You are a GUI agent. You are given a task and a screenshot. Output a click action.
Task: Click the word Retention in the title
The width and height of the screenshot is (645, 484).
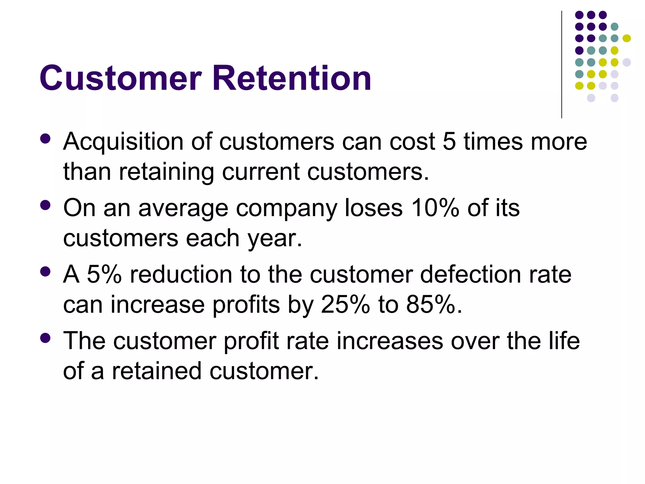pos(292,78)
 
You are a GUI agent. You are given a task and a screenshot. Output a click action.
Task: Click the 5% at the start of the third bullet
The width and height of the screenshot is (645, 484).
pos(104,274)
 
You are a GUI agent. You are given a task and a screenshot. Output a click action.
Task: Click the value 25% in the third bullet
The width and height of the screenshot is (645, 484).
pos(345,304)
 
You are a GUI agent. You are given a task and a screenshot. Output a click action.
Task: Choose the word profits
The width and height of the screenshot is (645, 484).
pos(246,305)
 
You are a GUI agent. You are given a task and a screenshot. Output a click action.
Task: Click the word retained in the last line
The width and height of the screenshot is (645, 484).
pos(157,371)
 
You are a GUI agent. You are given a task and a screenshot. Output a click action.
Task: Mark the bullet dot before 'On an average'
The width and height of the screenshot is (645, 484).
pos(45,205)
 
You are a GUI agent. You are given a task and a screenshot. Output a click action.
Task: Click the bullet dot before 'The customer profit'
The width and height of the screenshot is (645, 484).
pos(45,338)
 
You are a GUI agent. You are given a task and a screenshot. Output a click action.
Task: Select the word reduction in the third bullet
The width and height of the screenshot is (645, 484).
pos(181,274)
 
